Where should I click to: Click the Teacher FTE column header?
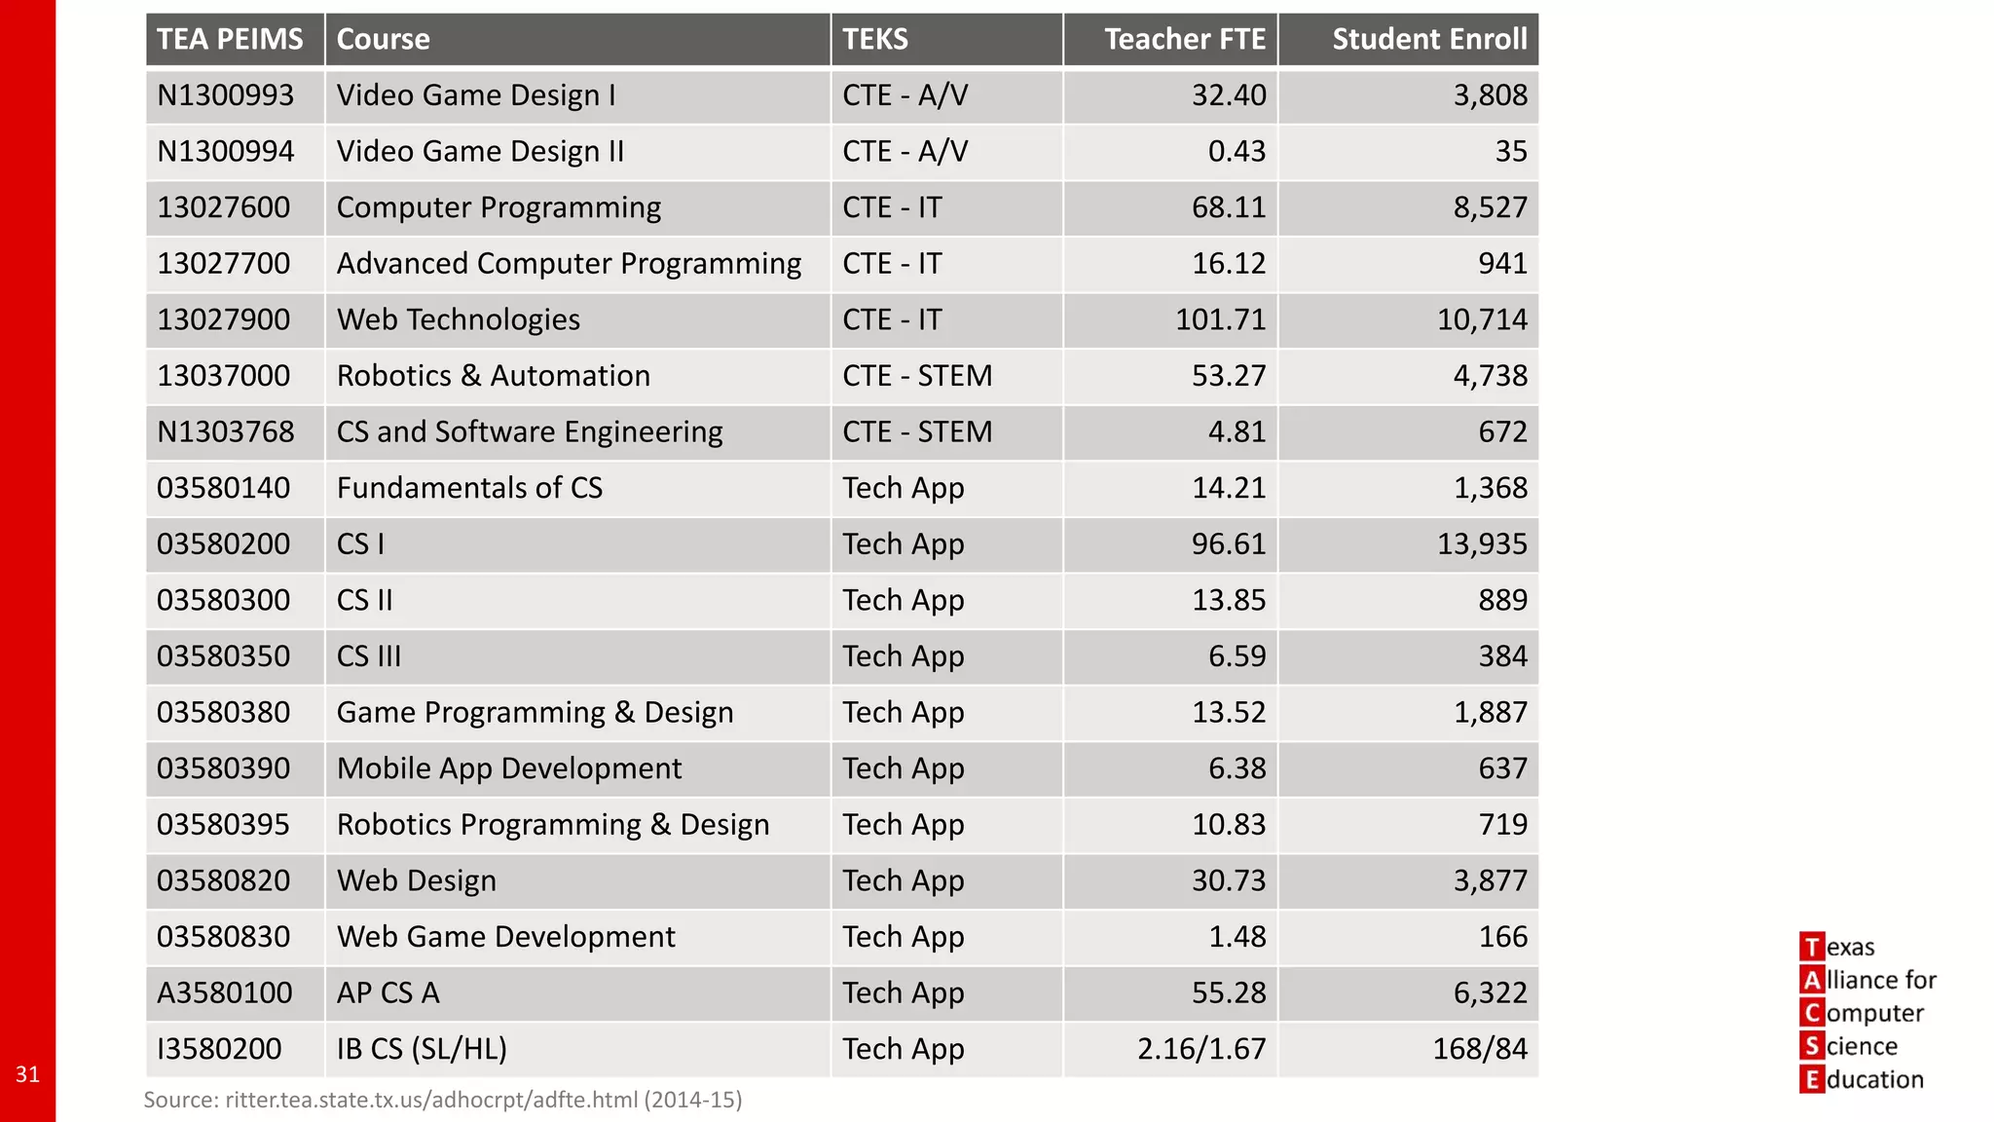(x=1184, y=39)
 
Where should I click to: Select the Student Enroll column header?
(x=1428, y=39)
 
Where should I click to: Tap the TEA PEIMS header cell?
(x=230, y=39)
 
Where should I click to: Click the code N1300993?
(x=225, y=95)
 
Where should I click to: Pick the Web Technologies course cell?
(x=458, y=319)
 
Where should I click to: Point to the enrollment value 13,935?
(x=1482, y=543)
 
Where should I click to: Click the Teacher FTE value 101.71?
(x=1220, y=319)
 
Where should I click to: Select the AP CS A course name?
(x=388, y=992)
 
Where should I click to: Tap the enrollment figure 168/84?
(x=1479, y=1049)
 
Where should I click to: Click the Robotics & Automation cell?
(x=493, y=376)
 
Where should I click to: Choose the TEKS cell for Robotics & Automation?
(x=916, y=376)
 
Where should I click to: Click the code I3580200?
(x=219, y=1049)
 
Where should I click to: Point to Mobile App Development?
(x=508, y=768)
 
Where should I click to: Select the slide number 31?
(x=27, y=1074)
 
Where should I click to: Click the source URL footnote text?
(x=442, y=1100)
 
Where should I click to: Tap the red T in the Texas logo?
(x=1811, y=947)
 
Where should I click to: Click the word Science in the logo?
(x=1861, y=1046)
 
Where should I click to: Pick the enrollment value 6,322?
(x=1490, y=992)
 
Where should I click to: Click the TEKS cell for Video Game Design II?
(x=905, y=151)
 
